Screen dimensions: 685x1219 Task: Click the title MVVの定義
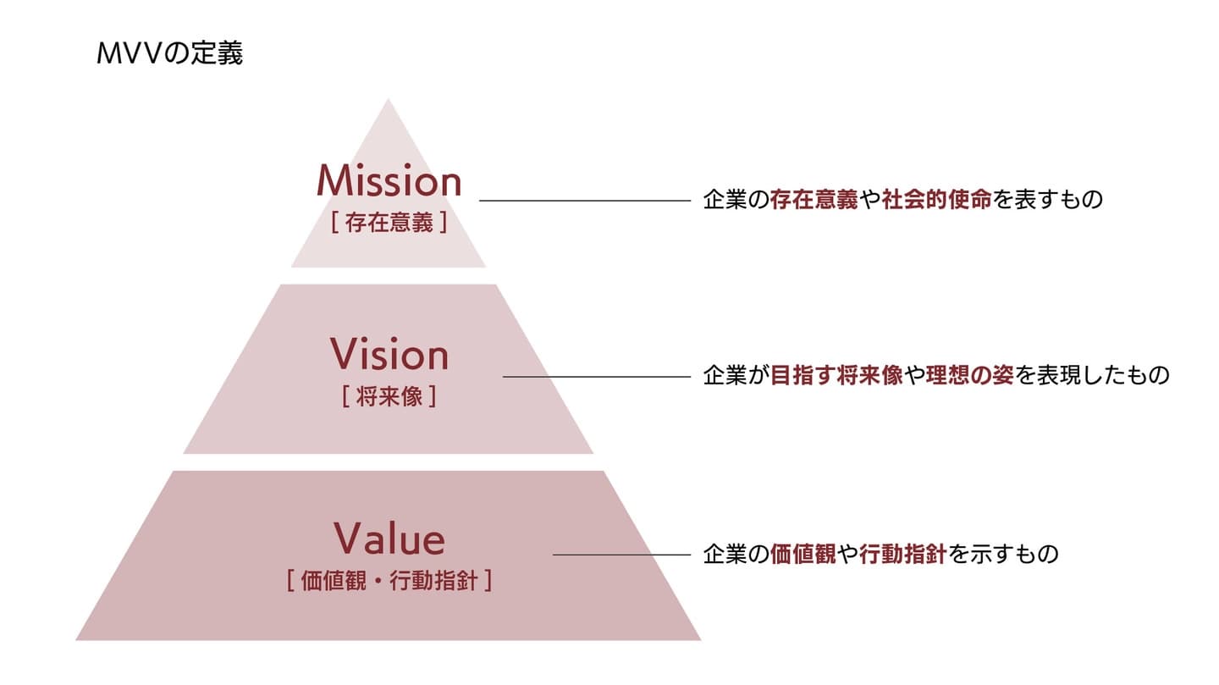[x=170, y=54]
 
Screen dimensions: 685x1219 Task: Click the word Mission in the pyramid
[x=389, y=181]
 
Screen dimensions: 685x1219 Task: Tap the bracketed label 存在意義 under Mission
[x=389, y=224]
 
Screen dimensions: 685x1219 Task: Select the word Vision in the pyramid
[x=389, y=354]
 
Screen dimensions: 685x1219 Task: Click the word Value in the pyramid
[x=389, y=539]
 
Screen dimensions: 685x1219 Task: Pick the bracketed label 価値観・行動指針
[x=389, y=582]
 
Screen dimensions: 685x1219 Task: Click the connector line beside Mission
[x=585, y=201]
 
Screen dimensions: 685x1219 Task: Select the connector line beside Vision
[x=597, y=377]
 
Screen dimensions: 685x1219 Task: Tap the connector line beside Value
[x=621, y=555]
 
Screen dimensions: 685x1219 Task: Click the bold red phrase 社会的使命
[x=936, y=201]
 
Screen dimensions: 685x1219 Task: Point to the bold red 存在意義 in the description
[x=814, y=201]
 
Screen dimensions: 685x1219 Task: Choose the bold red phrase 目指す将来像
[x=836, y=376]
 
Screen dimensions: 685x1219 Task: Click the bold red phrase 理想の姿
[x=969, y=376]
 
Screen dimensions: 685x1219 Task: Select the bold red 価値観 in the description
[x=803, y=555]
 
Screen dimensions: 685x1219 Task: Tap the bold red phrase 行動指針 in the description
[x=902, y=555]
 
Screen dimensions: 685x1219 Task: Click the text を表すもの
[x=1048, y=201]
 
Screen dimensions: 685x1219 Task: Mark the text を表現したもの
[x=1092, y=376]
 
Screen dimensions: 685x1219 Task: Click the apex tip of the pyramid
[x=389, y=102]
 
